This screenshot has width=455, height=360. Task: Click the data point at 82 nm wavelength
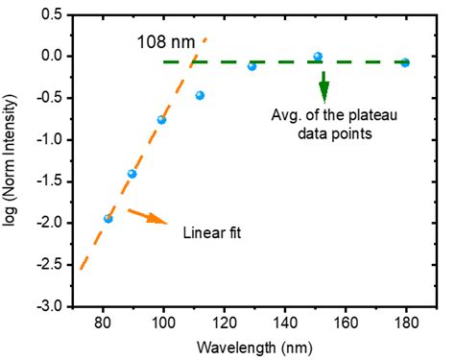108,219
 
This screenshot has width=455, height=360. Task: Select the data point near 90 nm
132,174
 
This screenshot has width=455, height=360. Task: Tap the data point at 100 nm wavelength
161,120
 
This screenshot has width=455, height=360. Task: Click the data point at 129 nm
251,66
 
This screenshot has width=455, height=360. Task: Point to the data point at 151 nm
318,57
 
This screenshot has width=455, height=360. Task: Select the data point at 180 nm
405,62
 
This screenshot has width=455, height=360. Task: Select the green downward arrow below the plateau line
323,86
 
